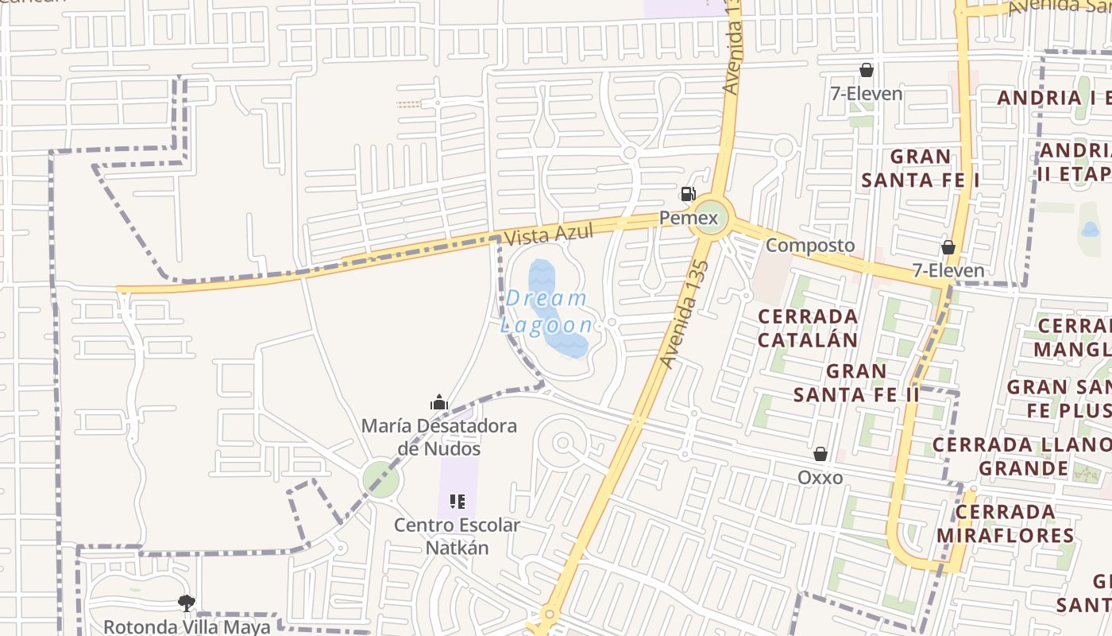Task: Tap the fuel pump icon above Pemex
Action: pos(687,194)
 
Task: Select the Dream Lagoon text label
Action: pos(547,312)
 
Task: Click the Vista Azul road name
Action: pos(538,235)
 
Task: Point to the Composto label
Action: pos(810,245)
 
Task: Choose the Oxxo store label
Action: pos(820,478)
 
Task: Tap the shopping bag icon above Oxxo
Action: pos(820,454)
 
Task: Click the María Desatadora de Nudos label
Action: pos(439,437)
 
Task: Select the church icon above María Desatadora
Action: pos(439,402)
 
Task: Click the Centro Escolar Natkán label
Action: pos(457,537)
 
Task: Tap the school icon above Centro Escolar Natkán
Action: pos(457,502)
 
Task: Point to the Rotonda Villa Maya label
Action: pos(187,626)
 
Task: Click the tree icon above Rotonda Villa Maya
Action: pos(187,603)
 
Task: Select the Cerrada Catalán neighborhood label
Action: pos(808,328)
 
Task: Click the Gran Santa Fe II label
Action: pos(856,382)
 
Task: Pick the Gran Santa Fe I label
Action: pos(921,168)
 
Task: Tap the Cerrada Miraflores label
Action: pos(1005,522)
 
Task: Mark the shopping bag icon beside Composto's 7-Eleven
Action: pos(948,247)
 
